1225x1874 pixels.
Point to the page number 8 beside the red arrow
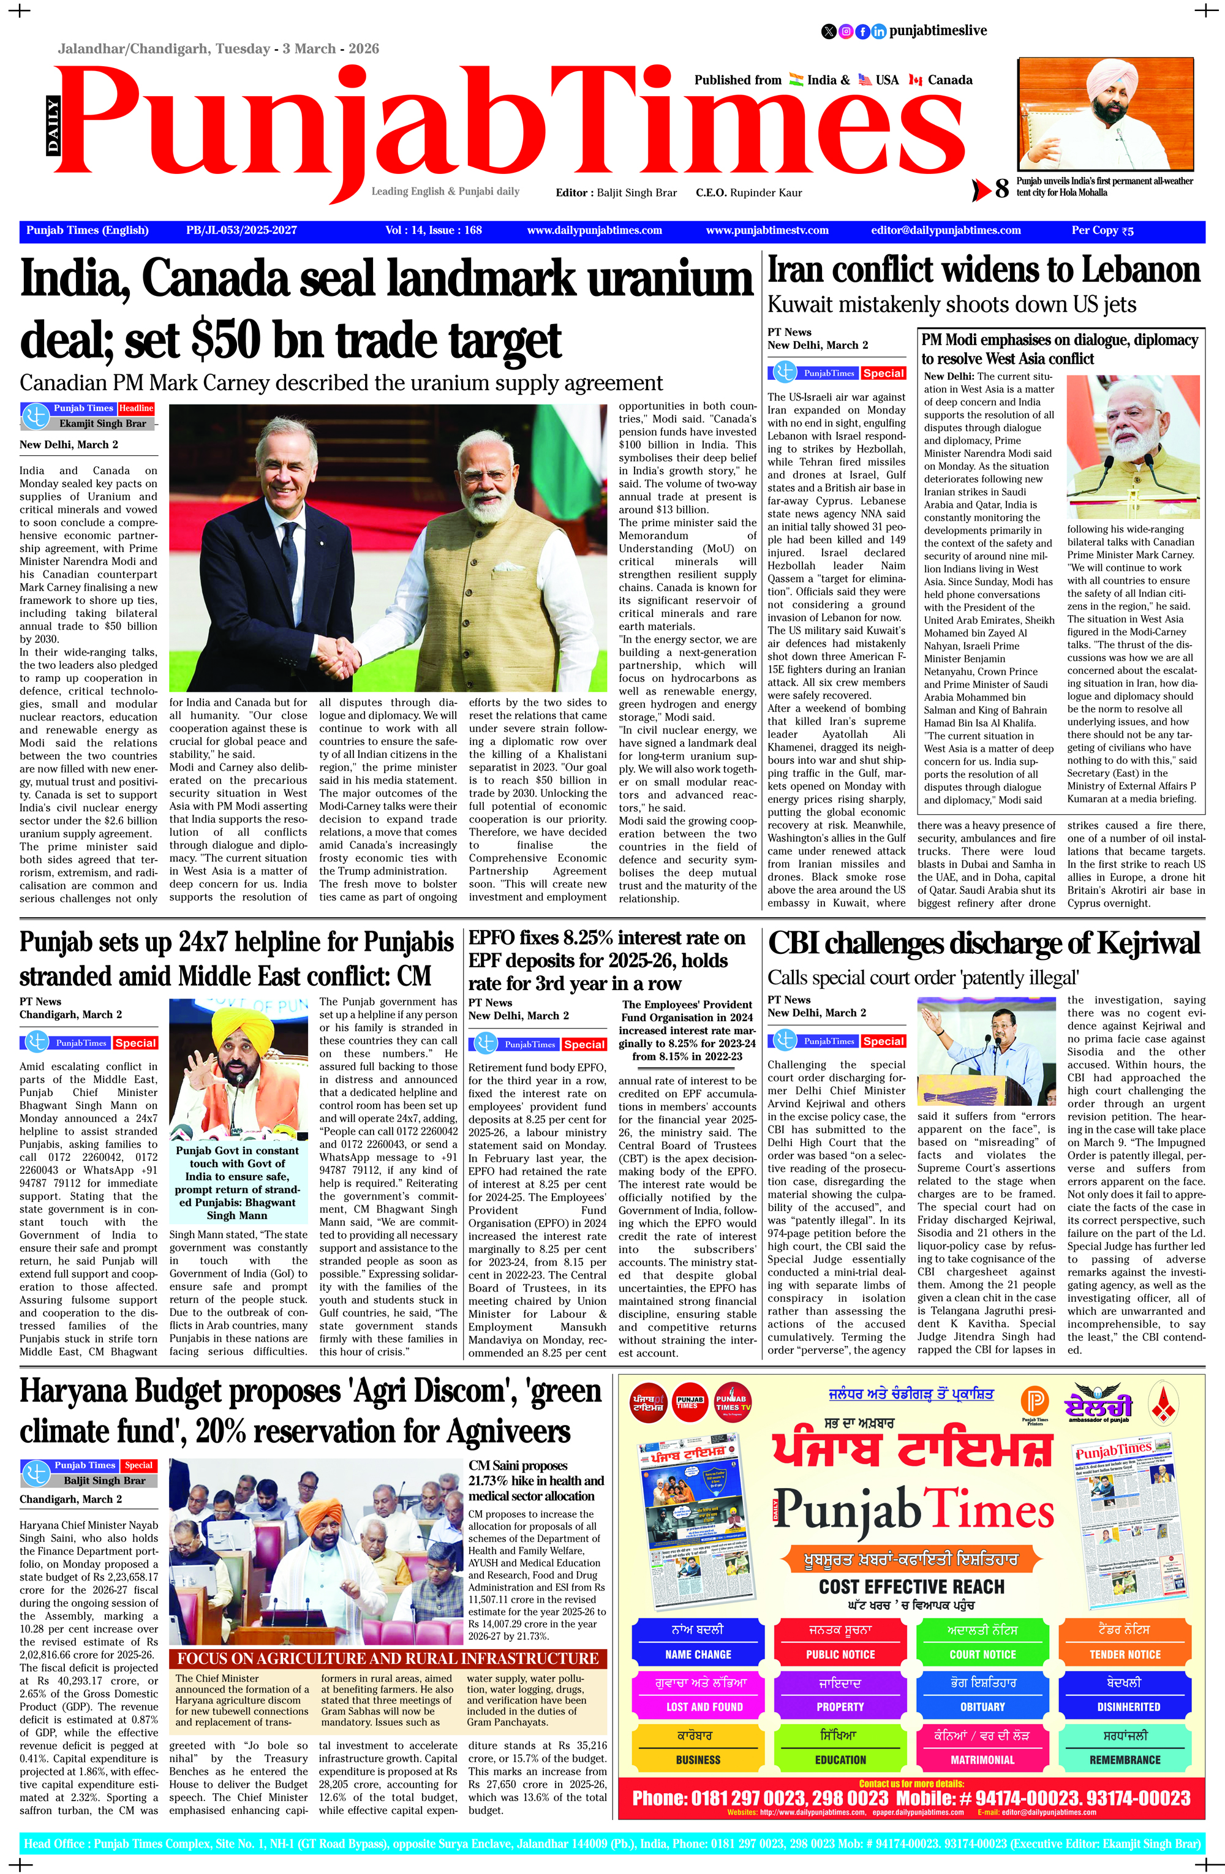pyautogui.click(x=1001, y=189)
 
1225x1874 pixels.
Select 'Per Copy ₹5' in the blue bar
pyautogui.click(x=1102, y=231)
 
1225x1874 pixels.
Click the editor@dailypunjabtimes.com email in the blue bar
pyautogui.click(x=946, y=231)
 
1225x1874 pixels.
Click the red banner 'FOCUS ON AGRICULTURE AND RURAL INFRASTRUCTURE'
pyautogui.click(x=387, y=1659)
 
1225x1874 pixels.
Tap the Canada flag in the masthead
pyautogui.click(x=916, y=80)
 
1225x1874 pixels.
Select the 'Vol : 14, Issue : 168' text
pyautogui.click(x=434, y=231)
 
